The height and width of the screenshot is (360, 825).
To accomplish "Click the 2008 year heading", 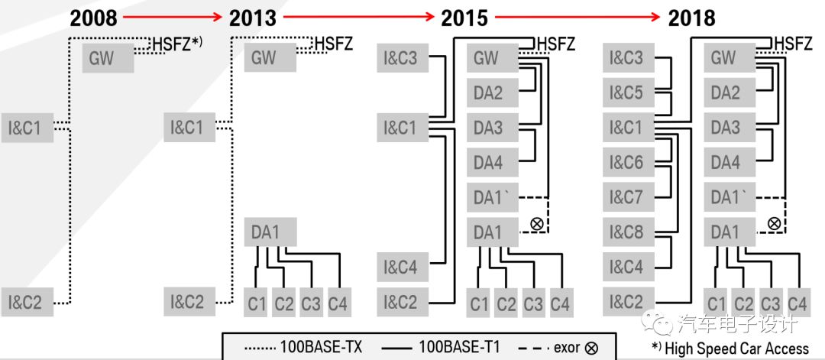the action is pyautogui.click(x=95, y=18).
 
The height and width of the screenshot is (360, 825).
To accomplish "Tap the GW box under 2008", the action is pyautogui.click(x=108, y=58).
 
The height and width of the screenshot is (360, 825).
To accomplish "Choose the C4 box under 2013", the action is pyautogui.click(x=338, y=303).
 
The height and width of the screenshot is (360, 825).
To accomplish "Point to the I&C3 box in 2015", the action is pyautogui.click(x=401, y=57).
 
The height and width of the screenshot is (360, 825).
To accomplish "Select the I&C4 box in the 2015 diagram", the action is pyautogui.click(x=401, y=268).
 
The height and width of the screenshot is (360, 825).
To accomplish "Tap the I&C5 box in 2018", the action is pyautogui.click(x=626, y=92).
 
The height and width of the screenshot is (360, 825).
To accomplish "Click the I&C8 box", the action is pyautogui.click(x=626, y=232).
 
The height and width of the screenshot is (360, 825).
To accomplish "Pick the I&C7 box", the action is pyautogui.click(x=626, y=197).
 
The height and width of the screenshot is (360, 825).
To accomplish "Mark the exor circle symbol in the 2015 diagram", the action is pyautogui.click(x=536, y=223).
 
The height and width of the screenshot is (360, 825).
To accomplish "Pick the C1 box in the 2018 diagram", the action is pyautogui.click(x=716, y=303).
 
